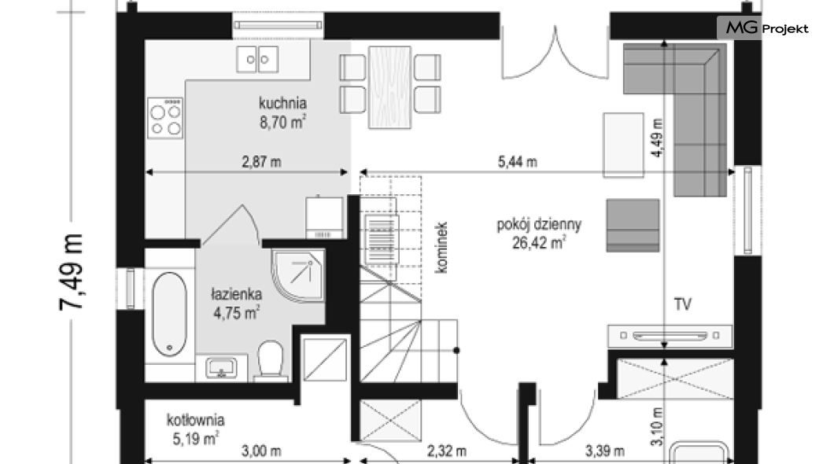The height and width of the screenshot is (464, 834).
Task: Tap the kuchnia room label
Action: click(282, 102)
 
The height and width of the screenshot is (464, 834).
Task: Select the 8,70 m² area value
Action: click(282, 122)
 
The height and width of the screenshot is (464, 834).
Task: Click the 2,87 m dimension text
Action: click(262, 161)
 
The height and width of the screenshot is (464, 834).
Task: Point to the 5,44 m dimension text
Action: click(518, 161)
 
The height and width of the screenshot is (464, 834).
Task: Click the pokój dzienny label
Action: click(539, 224)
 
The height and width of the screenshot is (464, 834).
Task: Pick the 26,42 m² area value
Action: click(539, 243)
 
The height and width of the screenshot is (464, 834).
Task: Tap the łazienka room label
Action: click(236, 294)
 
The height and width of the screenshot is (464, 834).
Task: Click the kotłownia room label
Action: click(196, 420)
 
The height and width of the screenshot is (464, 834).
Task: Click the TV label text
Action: click(683, 304)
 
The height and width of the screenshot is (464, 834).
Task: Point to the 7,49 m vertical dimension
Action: click(72, 271)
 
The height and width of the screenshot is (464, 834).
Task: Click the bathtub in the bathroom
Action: click(170, 314)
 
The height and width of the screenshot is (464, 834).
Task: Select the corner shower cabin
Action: click(298, 274)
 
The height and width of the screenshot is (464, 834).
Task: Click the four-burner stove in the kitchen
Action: click(165, 118)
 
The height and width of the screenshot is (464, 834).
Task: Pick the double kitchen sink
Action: click(257, 59)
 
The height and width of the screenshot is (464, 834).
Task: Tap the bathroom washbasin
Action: click(221, 368)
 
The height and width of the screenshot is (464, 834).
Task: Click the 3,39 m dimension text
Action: click(605, 451)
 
